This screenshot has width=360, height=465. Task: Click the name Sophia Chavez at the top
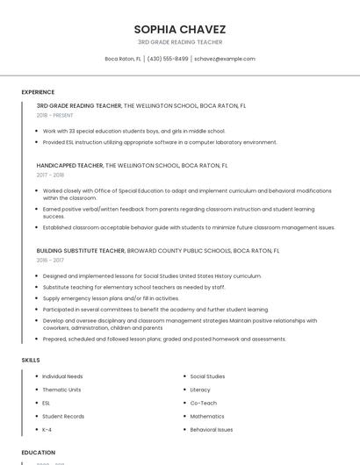180,29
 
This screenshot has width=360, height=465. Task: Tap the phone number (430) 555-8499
168,59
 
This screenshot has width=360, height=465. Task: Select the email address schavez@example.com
225,59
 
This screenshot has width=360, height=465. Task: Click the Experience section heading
38,92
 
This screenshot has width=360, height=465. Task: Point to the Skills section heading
31,360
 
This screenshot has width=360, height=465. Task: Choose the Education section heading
39,453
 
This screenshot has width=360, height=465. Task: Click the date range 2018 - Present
55,115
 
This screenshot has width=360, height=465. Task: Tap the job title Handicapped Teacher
69,165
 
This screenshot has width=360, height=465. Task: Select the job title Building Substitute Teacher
81,250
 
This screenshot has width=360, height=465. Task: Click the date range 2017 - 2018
51,175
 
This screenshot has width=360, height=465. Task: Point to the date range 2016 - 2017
51,260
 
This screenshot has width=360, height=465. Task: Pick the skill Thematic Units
61,390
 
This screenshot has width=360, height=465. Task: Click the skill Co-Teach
203,403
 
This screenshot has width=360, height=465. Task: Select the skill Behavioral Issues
212,430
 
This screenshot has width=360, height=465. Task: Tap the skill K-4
47,430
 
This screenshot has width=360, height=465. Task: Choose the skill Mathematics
207,416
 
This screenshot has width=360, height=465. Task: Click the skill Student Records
63,416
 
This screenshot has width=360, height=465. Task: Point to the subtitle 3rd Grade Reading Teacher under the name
180,42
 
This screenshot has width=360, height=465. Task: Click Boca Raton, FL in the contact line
123,59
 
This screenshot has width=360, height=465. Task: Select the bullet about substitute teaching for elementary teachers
134,287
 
